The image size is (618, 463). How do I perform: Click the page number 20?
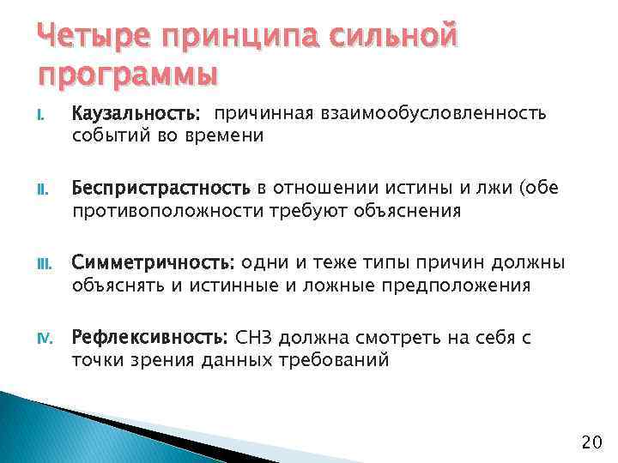coord(591,442)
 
